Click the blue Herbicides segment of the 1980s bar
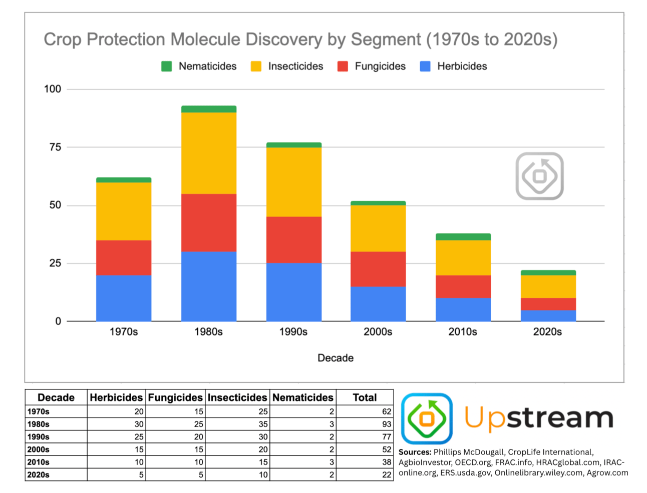click(x=208, y=286)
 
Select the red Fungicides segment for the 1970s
click(x=124, y=257)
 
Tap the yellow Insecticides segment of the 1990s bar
click(x=293, y=181)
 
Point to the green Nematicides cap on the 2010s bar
click(x=463, y=236)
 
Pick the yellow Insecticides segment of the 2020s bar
click(x=548, y=286)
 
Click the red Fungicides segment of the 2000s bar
click(x=378, y=269)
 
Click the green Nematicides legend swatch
click(x=166, y=66)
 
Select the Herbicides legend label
click(x=462, y=66)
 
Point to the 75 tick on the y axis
click(x=55, y=147)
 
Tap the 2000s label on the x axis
click(x=378, y=332)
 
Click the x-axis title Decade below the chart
click(x=336, y=358)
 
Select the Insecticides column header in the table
click(x=237, y=397)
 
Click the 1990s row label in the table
click(x=39, y=437)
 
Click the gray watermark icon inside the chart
click(x=539, y=176)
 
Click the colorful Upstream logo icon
click(x=427, y=418)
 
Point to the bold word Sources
click(x=415, y=452)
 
